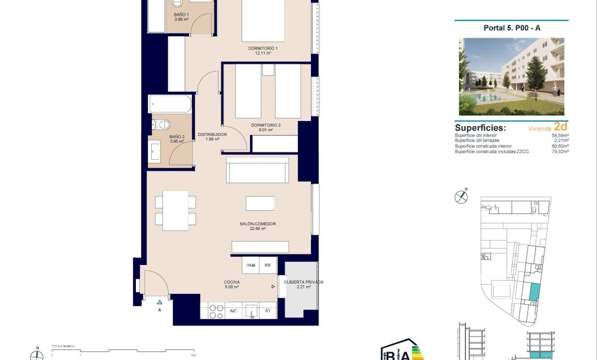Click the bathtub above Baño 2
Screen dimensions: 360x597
coord(169,104)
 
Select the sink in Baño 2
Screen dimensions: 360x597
coord(155,151)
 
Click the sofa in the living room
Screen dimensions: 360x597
coord(257,170)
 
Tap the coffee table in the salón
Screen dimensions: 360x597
coord(260,203)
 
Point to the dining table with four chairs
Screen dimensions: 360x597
coord(175,210)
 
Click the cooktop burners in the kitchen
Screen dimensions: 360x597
coord(216,311)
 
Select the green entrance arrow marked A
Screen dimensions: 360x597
coord(159,302)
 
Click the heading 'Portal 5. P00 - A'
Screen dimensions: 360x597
coord(512,29)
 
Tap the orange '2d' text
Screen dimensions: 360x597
coord(560,127)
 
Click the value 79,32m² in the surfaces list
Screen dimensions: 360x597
coord(559,152)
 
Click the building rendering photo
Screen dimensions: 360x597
coord(512,76)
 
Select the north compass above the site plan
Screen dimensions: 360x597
coord(461,196)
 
